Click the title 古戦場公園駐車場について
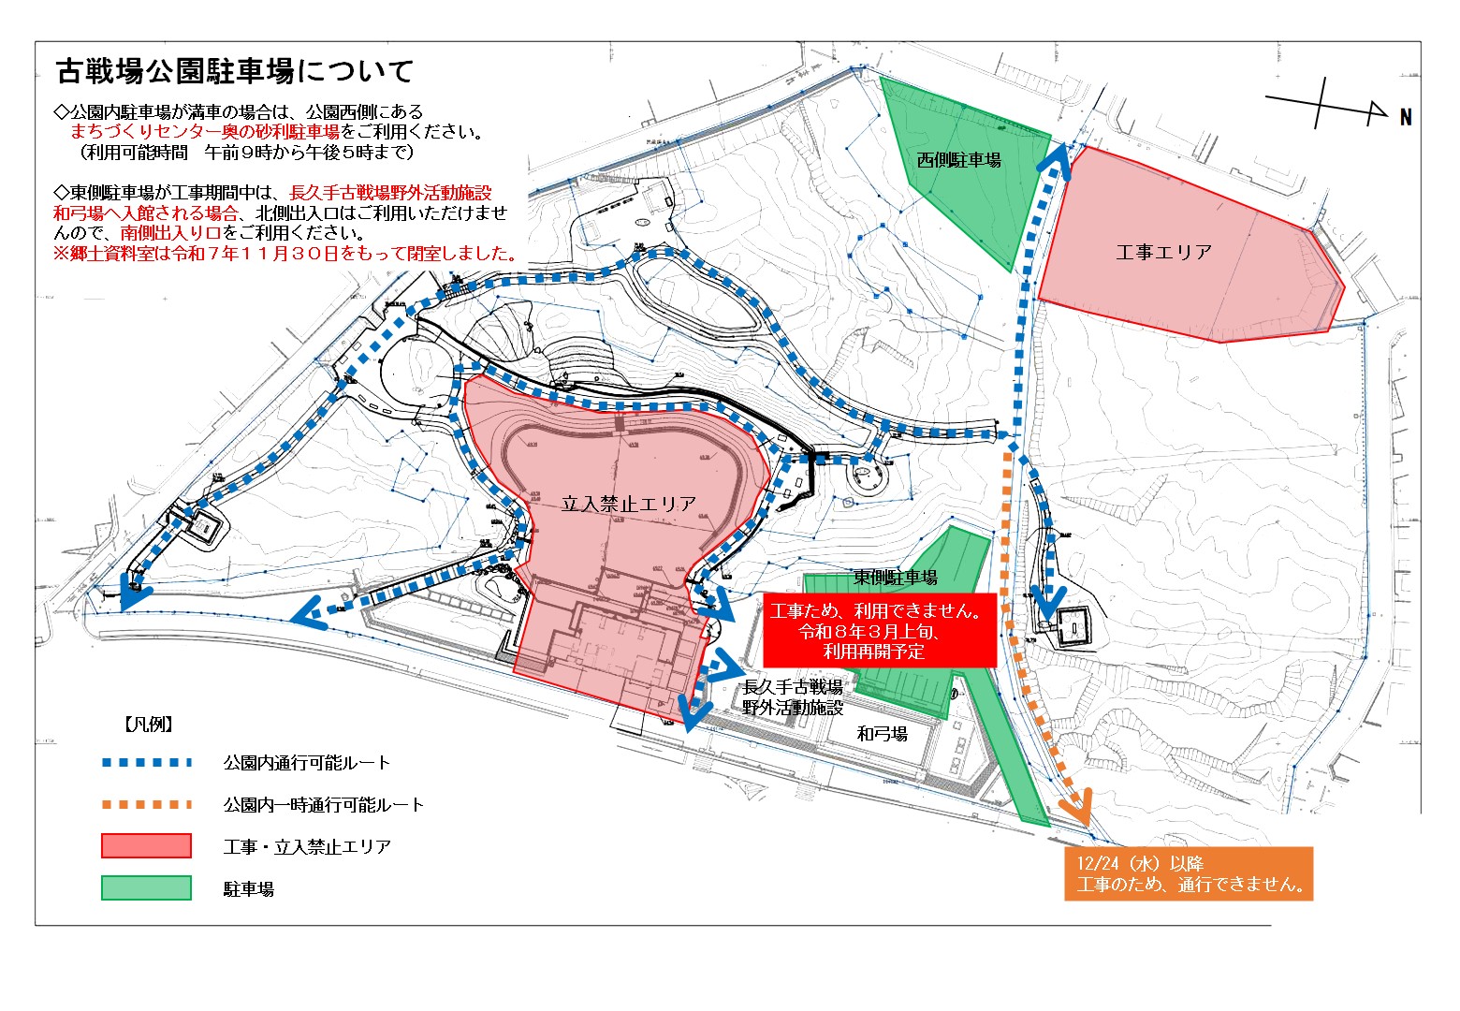(x=235, y=70)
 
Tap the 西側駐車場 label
(x=958, y=160)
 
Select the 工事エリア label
(x=1163, y=252)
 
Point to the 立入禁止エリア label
(x=629, y=504)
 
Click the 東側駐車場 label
(x=895, y=578)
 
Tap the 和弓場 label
(x=882, y=734)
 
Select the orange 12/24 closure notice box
(x=1189, y=874)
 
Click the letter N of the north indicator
(x=1406, y=117)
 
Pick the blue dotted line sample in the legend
(x=147, y=762)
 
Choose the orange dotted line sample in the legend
(x=147, y=804)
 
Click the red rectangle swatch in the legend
(x=147, y=846)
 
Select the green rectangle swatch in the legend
(x=147, y=887)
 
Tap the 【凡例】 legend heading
(x=148, y=724)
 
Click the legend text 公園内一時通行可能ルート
(x=324, y=804)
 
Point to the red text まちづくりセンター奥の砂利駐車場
(x=205, y=131)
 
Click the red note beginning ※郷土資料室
(x=286, y=253)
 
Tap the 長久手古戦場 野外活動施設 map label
(x=793, y=697)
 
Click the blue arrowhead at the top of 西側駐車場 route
(x=1058, y=155)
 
